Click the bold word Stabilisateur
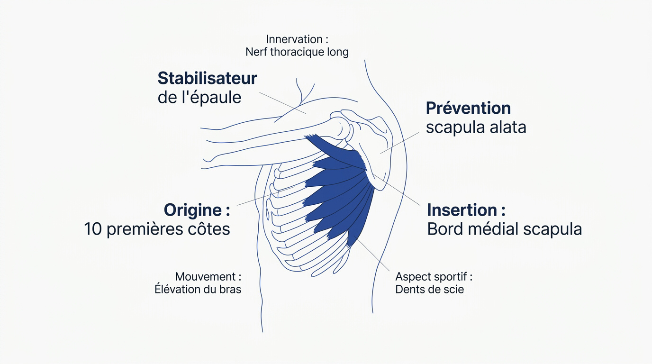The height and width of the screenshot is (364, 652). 207,78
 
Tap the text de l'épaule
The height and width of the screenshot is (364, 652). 199,98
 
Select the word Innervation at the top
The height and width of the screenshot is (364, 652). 294,39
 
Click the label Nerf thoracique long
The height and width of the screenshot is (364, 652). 297,53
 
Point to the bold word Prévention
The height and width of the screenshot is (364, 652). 468,109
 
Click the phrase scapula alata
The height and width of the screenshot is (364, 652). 476,127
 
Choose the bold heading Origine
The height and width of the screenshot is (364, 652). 193,210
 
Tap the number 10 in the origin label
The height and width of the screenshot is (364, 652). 93,229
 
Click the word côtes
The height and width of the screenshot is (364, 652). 208,229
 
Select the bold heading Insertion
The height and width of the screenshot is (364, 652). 462,210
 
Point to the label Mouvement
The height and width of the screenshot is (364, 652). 206,277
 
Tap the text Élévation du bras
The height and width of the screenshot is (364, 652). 198,290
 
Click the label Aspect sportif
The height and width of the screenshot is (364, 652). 431,277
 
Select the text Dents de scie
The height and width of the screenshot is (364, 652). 429,290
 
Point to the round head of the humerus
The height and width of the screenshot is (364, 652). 341,128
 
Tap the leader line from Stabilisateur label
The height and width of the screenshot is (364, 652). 282,103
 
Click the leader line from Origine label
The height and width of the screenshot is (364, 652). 266,196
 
